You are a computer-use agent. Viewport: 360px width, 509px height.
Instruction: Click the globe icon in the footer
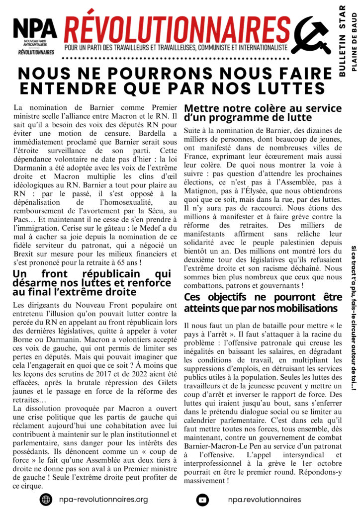pyautogui.click(x=46, y=499)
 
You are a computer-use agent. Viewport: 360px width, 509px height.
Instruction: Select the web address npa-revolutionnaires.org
pyautogui.click(x=103, y=499)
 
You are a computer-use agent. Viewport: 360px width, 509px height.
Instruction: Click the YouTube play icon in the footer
pyautogui.click(x=202, y=499)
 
